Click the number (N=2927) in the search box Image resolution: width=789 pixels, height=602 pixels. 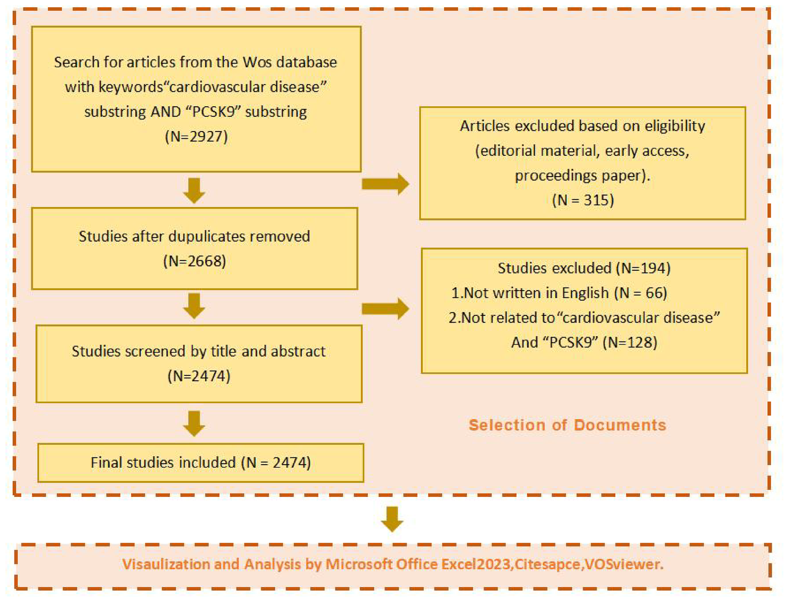(196, 136)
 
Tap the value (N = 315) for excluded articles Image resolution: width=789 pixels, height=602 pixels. (583, 200)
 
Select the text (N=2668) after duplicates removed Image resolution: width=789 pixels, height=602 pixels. (194, 261)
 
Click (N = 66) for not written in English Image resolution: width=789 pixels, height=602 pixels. (640, 293)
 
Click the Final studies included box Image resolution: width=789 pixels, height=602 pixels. (201, 463)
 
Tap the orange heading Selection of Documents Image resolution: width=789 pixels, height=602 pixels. (567, 425)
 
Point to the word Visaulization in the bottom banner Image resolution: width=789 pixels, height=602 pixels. (166, 564)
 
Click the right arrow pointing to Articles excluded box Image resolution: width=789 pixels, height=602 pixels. (385, 184)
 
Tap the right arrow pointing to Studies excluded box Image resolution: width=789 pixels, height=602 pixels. (385, 309)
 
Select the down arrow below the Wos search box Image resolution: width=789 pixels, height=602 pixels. (194, 190)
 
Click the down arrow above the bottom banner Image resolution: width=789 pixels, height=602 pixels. (392, 519)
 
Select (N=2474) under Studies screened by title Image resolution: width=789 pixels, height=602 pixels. (199, 376)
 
